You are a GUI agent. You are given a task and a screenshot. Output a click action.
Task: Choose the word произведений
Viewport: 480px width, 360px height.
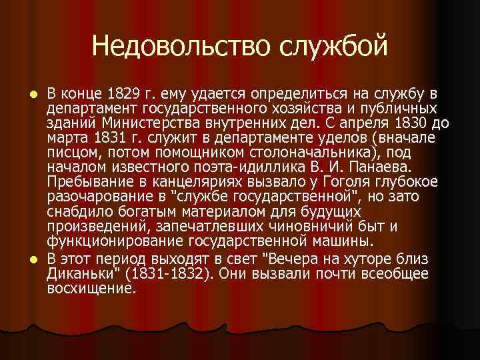(x=93, y=227)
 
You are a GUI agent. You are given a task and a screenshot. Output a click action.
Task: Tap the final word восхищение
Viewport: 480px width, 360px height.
(x=91, y=289)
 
